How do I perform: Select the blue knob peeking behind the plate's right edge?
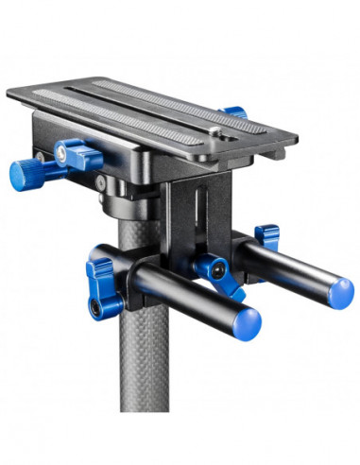coord(233,112)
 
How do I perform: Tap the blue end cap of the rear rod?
coord(334,294)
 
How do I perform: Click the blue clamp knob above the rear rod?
coord(267,233)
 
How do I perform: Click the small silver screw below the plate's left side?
coord(100,182)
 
